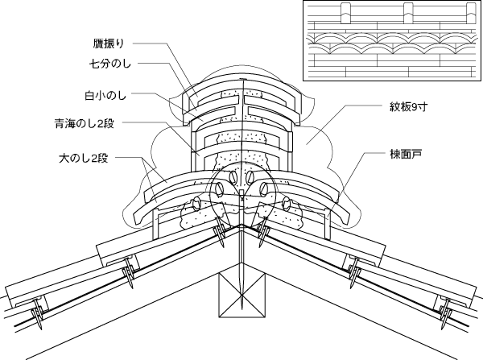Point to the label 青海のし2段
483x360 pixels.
[x=90, y=124]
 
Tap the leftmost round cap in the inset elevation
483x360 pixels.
[x=344, y=14]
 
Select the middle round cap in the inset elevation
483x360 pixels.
[x=408, y=14]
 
